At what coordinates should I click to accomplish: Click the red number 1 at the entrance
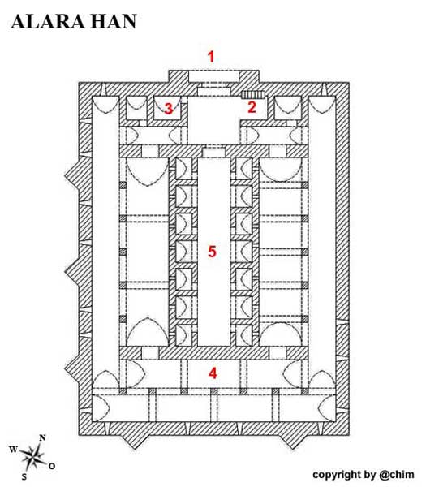pyautogui.click(x=211, y=57)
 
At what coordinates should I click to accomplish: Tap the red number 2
pyautogui.click(x=252, y=107)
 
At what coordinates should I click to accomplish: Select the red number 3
pyautogui.click(x=168, y=109)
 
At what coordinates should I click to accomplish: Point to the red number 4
pyautogui.click(x=213, y=373)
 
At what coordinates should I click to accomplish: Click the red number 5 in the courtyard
pyautogui.click(x=212, y=252)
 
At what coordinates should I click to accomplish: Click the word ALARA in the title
pyautogui.click(x=48, y=22)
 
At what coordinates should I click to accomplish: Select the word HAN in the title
pyautogui.click(x=114, y=22)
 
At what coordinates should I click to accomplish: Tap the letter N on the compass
pyautogui.click(x=42, y=438)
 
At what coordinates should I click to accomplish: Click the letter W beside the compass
pyautogui.click(x=13, y=449)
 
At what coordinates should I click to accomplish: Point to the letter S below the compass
pyautogui.click(x=24, y=476)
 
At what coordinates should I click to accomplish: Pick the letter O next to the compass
pyautogui.click(x=52, y=466)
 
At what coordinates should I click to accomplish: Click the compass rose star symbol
pyautogui.click(x=32, y=457)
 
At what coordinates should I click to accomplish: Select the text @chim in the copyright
pyautogui.click(x=397, y=475)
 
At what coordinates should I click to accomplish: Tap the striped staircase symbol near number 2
pyautogui.click(x=253, y=94)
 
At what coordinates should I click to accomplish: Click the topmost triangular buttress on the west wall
pyautogui.click(x=72, y=175)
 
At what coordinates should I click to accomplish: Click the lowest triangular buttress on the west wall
pyautogui.click(x=72, y=368)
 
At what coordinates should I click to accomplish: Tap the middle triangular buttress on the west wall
pyautogui.click(x=72, y=271)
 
